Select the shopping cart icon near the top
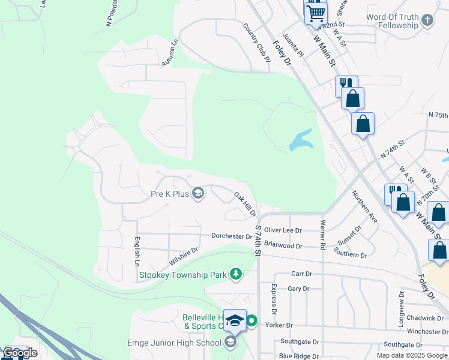coord(316,11)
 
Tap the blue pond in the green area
coord(301,140)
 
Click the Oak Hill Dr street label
coord(245,205)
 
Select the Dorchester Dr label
coord(232,236)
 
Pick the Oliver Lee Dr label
coord(283,230)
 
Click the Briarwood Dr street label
coord(283,245)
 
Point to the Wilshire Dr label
coord(184,257)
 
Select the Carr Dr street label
coord(301,274)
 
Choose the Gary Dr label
coord(298,289)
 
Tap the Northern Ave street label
coord(364,206)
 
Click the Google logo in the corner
coord(20,353)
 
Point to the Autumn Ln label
coord(170,53)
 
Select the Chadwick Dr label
coord(424,318)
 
